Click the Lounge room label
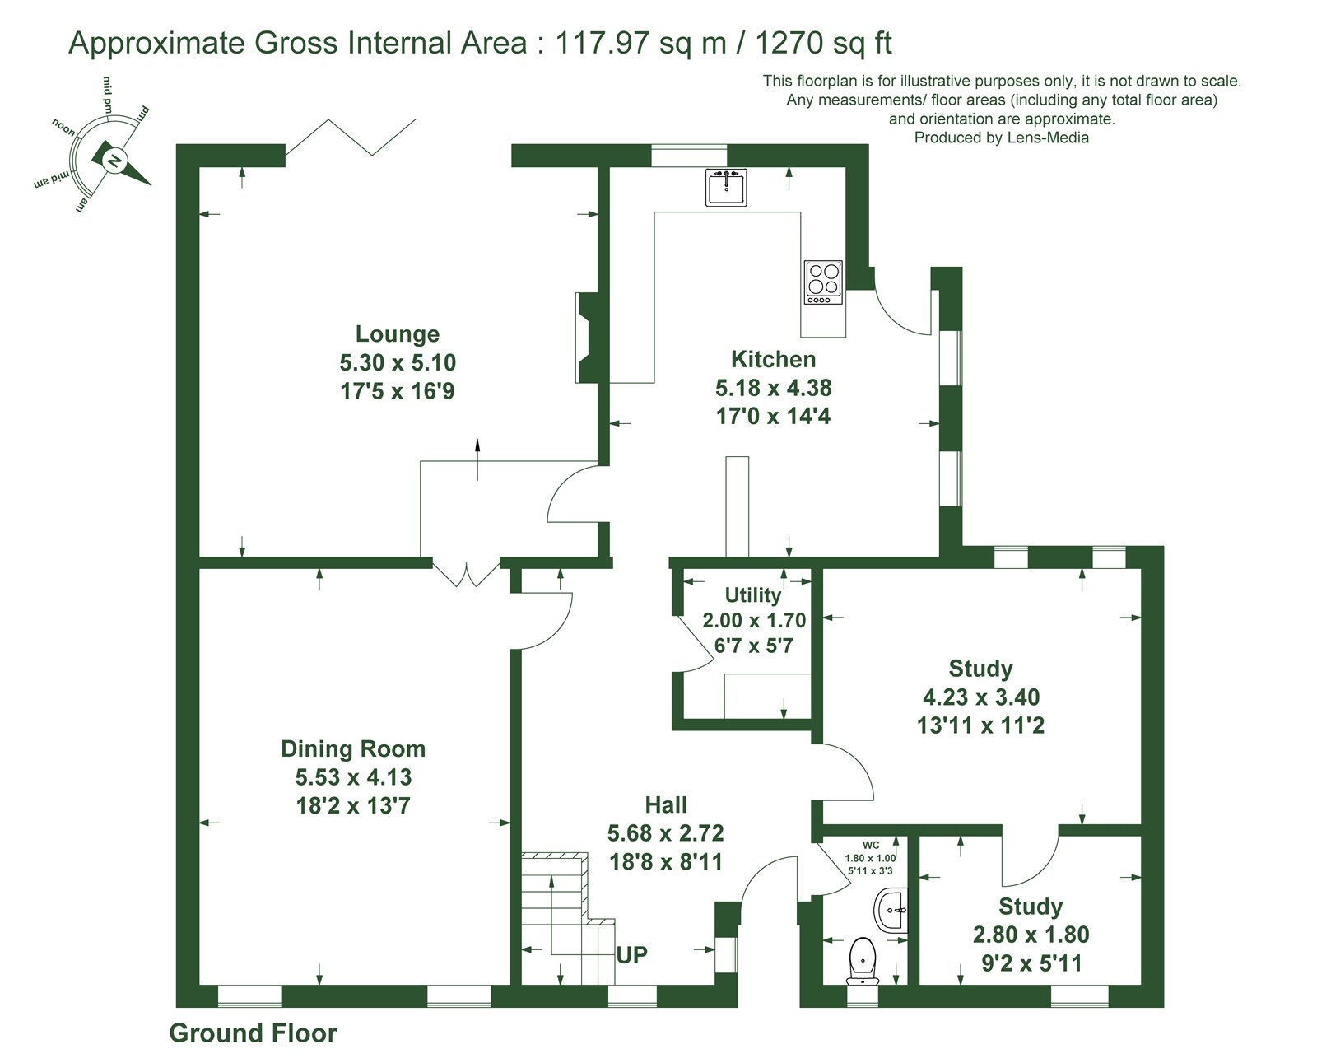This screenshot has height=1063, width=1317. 398,333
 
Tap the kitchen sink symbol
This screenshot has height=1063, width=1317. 726,188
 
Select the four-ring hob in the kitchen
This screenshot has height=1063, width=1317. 823,282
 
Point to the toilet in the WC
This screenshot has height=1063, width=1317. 863,959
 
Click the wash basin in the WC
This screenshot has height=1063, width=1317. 891,911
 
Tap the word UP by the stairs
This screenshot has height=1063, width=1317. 631,954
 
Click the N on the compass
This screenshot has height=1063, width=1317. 114,161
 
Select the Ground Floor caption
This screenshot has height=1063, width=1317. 253,1033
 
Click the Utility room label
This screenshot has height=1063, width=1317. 752,594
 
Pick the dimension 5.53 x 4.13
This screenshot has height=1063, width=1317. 353,777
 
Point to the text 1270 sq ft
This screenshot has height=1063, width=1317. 824,44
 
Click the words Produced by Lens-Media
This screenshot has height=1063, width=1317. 1001,138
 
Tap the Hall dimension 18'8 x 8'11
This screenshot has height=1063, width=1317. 666,861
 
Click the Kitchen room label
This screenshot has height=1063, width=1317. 773,359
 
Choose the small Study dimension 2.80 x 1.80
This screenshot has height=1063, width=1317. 1031,935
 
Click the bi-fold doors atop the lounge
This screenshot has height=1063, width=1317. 351,137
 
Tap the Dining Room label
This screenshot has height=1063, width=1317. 353,748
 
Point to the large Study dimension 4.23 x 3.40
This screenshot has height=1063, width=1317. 981,697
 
